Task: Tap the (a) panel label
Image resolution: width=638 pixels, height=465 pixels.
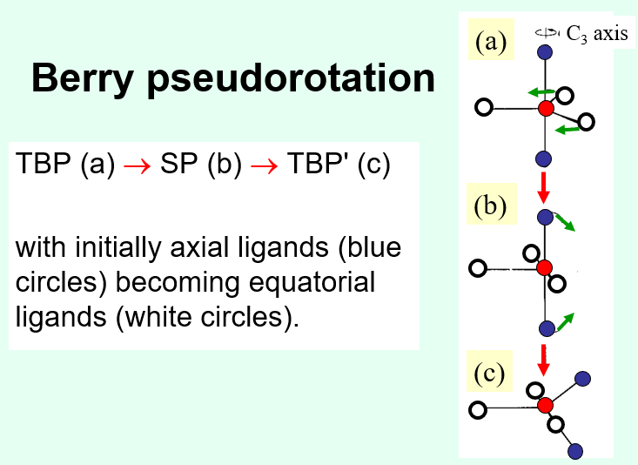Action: [x=491, y=42]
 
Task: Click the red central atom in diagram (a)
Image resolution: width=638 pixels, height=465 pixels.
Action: [x=546, y=109]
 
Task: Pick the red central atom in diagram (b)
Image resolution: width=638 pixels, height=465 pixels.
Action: [x=545, y=267]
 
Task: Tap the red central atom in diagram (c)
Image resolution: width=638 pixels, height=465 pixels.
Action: [x=546, y=405]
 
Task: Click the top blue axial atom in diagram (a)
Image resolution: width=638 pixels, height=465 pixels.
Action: [x=546, y=52]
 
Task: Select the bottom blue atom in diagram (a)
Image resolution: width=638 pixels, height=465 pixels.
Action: [x=545, y=158]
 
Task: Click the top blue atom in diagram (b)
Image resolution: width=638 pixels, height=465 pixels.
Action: [x=545, y=216]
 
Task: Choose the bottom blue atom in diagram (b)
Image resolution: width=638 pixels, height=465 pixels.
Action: [x=546, y=328]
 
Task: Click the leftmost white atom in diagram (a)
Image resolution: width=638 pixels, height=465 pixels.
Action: [x=484, y=108]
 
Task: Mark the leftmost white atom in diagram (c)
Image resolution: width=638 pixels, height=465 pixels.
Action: [x=476, y=408]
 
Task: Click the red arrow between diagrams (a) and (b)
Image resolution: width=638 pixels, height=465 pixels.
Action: [x=544, y=185]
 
